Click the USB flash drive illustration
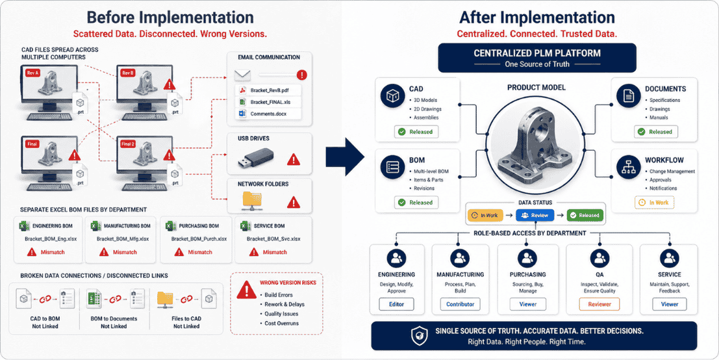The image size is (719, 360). [256, 159]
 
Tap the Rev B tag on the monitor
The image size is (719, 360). [127, 73]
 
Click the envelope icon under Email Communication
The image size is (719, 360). [242, 75]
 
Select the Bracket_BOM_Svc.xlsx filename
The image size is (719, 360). [273, 239]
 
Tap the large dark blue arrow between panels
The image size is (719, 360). [345, 157]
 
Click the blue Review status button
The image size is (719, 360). [535, 215]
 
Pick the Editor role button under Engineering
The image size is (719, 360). [396, 304]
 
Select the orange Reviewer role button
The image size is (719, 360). [599, 304]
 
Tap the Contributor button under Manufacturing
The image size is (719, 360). [460, 304]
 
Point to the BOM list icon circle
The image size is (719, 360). [392, 167]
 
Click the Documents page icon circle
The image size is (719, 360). [628, 96]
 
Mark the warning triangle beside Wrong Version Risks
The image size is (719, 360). [246, 290]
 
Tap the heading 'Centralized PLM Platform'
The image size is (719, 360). [536, 53]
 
